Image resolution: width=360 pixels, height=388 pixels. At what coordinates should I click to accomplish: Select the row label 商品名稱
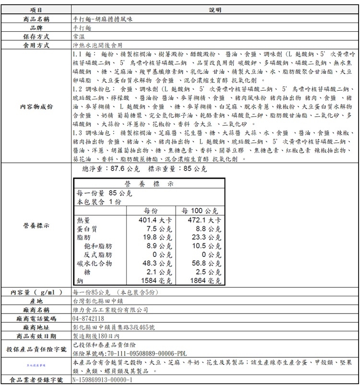click(36, 19)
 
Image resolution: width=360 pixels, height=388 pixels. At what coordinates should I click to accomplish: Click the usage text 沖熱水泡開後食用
click(94, 45)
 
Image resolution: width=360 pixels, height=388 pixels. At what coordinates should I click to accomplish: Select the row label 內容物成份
click(36, 107)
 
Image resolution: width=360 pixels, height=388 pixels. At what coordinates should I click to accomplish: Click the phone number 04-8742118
click(88, 318)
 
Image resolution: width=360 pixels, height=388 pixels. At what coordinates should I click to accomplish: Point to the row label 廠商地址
click(36, 327)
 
